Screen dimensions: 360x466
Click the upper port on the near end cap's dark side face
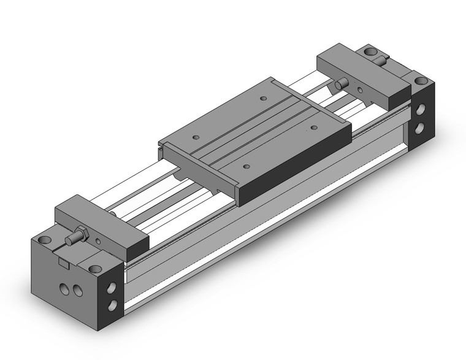pyautogui.click(x=113, y=287)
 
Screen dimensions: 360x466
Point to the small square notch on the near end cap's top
pyautogui.click(x=63, y=262)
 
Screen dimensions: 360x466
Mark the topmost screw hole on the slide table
pyautogui.click(x=263, y=98)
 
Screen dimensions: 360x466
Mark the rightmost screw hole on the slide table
pyautogui.click(x=314, y=128)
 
